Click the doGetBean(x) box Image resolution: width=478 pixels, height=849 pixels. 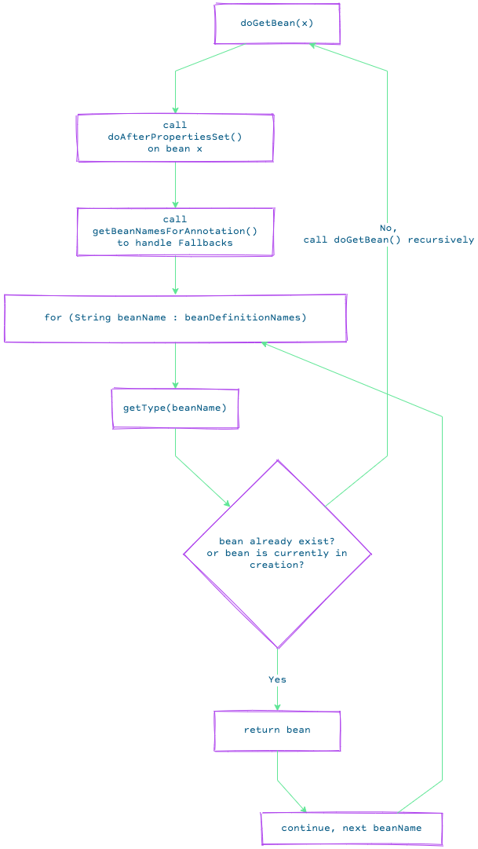(277, 24)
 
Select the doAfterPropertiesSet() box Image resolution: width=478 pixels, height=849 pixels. (175, 137)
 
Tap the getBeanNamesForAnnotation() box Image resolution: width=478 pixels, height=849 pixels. (175, 231)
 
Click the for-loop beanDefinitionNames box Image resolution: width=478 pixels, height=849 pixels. (175, 318)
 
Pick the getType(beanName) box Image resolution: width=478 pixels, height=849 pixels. (175, 408)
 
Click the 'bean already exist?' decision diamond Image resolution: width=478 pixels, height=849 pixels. (277, 554)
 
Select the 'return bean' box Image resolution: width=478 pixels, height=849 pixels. (277, 730)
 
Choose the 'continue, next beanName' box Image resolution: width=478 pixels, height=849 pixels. (352, 829)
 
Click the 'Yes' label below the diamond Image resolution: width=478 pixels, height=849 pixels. (277, 679)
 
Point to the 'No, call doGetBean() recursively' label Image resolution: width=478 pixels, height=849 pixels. (389, 234)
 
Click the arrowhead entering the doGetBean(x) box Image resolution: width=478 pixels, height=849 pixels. (312, 46)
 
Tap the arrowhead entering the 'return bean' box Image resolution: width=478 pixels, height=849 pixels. (277, 707)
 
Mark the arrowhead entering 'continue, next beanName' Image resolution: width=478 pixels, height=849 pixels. (304, 810)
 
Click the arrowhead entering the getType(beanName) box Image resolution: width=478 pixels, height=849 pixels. (175, 384)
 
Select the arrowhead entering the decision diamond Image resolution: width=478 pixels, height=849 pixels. (228, 504)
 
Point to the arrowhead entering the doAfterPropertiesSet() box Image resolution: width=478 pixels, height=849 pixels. (175, 110)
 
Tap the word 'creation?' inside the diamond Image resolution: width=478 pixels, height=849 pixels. (276, 565)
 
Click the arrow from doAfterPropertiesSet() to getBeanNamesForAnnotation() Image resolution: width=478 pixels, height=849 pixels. (175, 185)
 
